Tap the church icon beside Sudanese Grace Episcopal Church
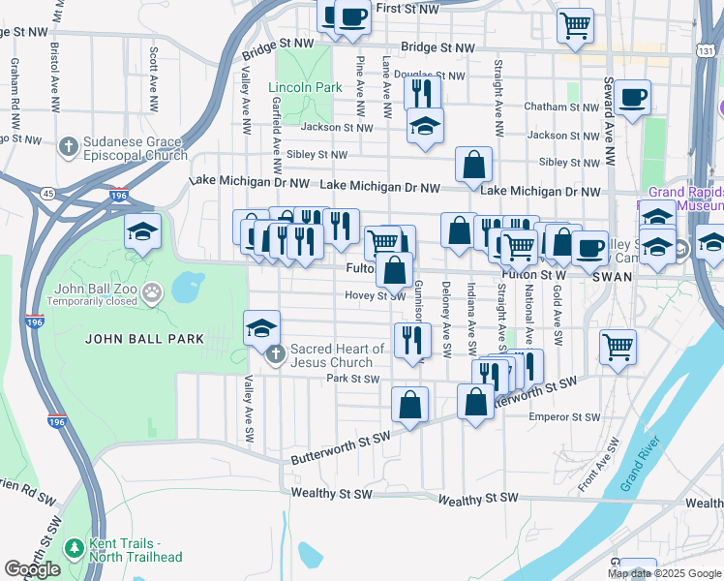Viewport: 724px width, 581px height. (x=68, y=147)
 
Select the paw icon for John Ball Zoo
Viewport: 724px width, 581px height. (x=151, y=290)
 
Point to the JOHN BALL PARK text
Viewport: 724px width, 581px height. (x=144, y=338)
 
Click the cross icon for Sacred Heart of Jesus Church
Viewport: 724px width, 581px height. (x=276, y=355)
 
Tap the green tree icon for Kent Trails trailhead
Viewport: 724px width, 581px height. (x=75, y=548)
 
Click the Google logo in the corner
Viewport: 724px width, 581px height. (x=32, y=569)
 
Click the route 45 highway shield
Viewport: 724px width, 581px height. (x=48, y=194)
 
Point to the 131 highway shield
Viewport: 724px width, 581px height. (x=708, y=50)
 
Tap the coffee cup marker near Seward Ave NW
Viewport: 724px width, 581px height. (x=632, y=97)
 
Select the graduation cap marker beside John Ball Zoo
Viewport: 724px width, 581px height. (x=142, y=231)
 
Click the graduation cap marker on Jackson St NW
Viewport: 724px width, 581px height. (x=425, y=127)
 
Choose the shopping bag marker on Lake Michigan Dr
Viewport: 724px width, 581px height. (x=474, y=166)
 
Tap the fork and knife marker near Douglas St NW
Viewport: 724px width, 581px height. (x=422, y=93)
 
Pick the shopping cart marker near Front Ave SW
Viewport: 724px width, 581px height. (x=618, y=346)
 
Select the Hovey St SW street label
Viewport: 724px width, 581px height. (x=370, y=295)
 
